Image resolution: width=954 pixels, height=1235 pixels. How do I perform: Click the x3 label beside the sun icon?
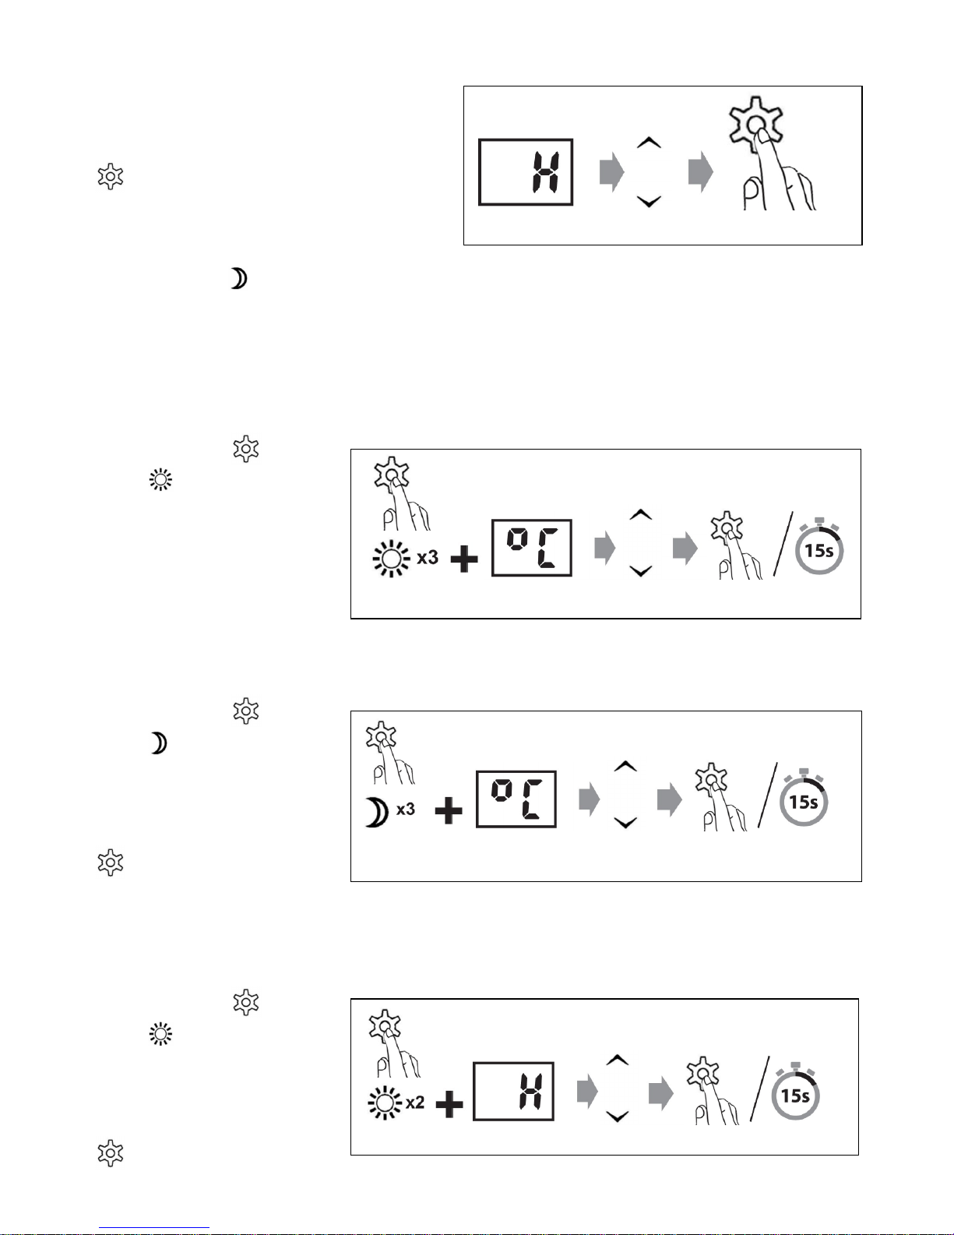tap(428, 558)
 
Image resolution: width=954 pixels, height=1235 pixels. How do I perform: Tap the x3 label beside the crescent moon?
tap(406, 810)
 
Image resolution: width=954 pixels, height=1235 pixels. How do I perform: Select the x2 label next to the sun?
tap(415, 1103)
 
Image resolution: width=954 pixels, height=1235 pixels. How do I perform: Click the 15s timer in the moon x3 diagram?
tap(804, 801)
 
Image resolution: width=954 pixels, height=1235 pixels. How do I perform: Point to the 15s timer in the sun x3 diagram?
tap(818, 550)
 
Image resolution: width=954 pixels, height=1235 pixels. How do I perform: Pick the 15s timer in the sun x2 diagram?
tap(795, 1095)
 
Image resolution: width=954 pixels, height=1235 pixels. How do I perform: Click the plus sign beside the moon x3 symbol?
tap(449, 811)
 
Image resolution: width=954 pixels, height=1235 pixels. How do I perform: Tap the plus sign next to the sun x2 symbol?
tap(449, 1104)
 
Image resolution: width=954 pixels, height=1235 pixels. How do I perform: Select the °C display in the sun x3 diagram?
tap(532, 548)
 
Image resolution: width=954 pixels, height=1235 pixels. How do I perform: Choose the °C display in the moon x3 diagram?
tap(516, 799)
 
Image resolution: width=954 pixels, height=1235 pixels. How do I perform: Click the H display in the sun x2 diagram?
tap(514, 1091)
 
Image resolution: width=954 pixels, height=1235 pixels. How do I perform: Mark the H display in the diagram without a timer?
tap(526, 172)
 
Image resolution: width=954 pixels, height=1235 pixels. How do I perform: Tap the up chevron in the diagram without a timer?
tap(649, 143)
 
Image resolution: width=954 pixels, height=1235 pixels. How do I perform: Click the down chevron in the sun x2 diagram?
tap(617, 1117)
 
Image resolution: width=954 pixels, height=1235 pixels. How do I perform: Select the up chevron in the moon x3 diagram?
tap(625, 767)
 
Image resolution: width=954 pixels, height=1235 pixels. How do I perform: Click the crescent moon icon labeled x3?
tap(376, 813)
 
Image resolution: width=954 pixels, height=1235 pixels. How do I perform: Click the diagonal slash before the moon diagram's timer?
tap(768, 795)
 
